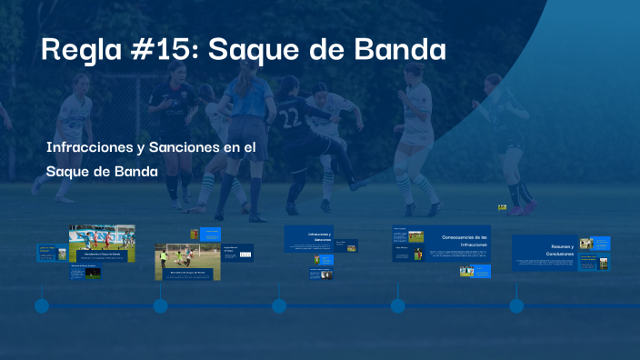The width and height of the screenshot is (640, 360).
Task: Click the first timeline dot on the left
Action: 42,306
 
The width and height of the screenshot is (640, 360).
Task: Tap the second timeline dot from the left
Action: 160,306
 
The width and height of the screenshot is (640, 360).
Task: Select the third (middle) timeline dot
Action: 279,306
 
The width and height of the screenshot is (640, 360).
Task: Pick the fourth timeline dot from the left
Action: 397,306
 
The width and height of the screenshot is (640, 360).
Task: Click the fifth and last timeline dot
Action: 516,306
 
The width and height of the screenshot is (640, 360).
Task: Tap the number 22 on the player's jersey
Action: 289,118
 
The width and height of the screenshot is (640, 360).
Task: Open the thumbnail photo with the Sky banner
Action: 102,240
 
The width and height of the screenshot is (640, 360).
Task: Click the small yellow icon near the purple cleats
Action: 502,208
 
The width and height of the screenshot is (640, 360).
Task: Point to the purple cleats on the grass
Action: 523,209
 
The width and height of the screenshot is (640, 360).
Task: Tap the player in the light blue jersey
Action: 245,100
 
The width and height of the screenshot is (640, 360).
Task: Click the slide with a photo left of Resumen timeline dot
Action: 467,270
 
